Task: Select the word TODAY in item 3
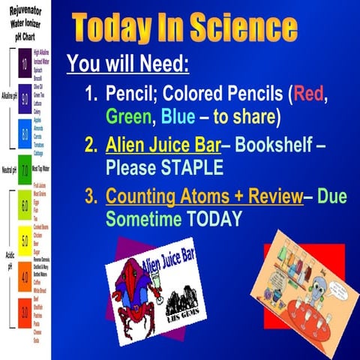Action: pyautogui.click(x=214, y=219)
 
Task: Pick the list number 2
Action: pyautogui.click(x=90, y=146)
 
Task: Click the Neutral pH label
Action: pyautogui.click(x=8, y=170)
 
